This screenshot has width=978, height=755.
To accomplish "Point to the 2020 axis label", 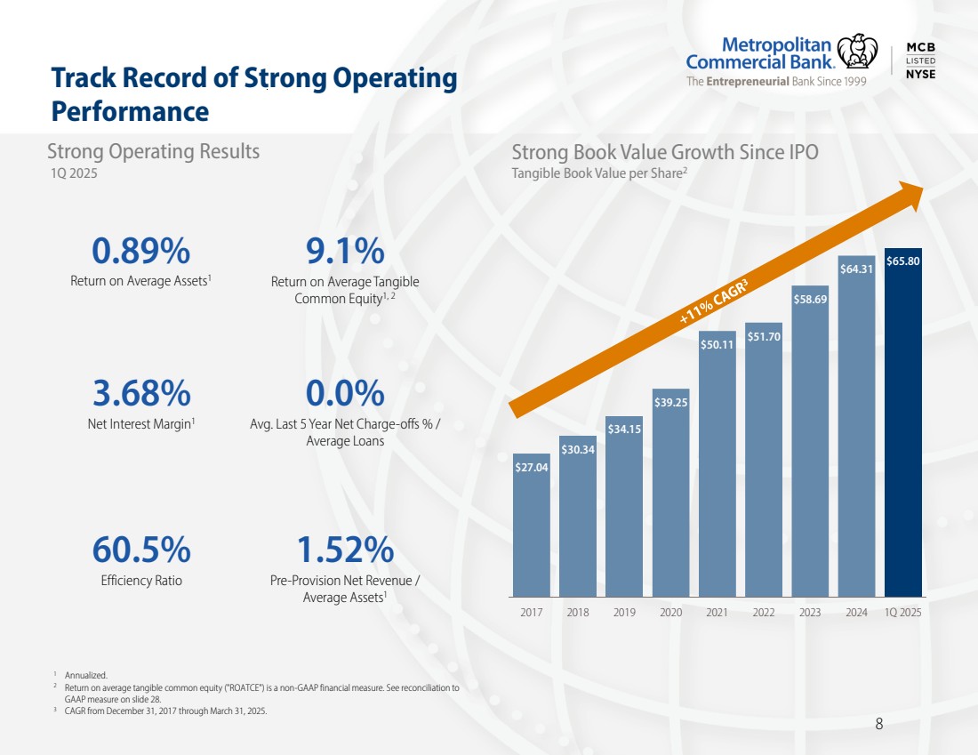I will coord(670,613).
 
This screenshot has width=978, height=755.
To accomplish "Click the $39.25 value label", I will coord(670,403).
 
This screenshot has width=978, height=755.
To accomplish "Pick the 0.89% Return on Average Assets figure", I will coord(141,253).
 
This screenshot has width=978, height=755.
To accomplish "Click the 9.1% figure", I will coord(345,253).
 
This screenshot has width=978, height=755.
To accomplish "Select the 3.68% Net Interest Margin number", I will coord(141,392).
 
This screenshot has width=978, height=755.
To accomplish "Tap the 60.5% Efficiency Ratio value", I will coord(141,550).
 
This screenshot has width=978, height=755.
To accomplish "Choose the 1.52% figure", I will coord(345,550).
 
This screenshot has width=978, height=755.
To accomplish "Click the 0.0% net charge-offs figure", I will coord(345,392).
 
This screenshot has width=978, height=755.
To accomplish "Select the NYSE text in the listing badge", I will coord(920,74).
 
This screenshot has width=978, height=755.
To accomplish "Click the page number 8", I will coord(879,724).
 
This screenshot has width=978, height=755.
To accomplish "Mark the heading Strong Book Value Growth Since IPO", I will coord(665,152).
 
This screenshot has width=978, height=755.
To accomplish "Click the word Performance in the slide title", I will coord(130,112).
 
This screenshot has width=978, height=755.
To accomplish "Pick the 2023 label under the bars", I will coord(810,613).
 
